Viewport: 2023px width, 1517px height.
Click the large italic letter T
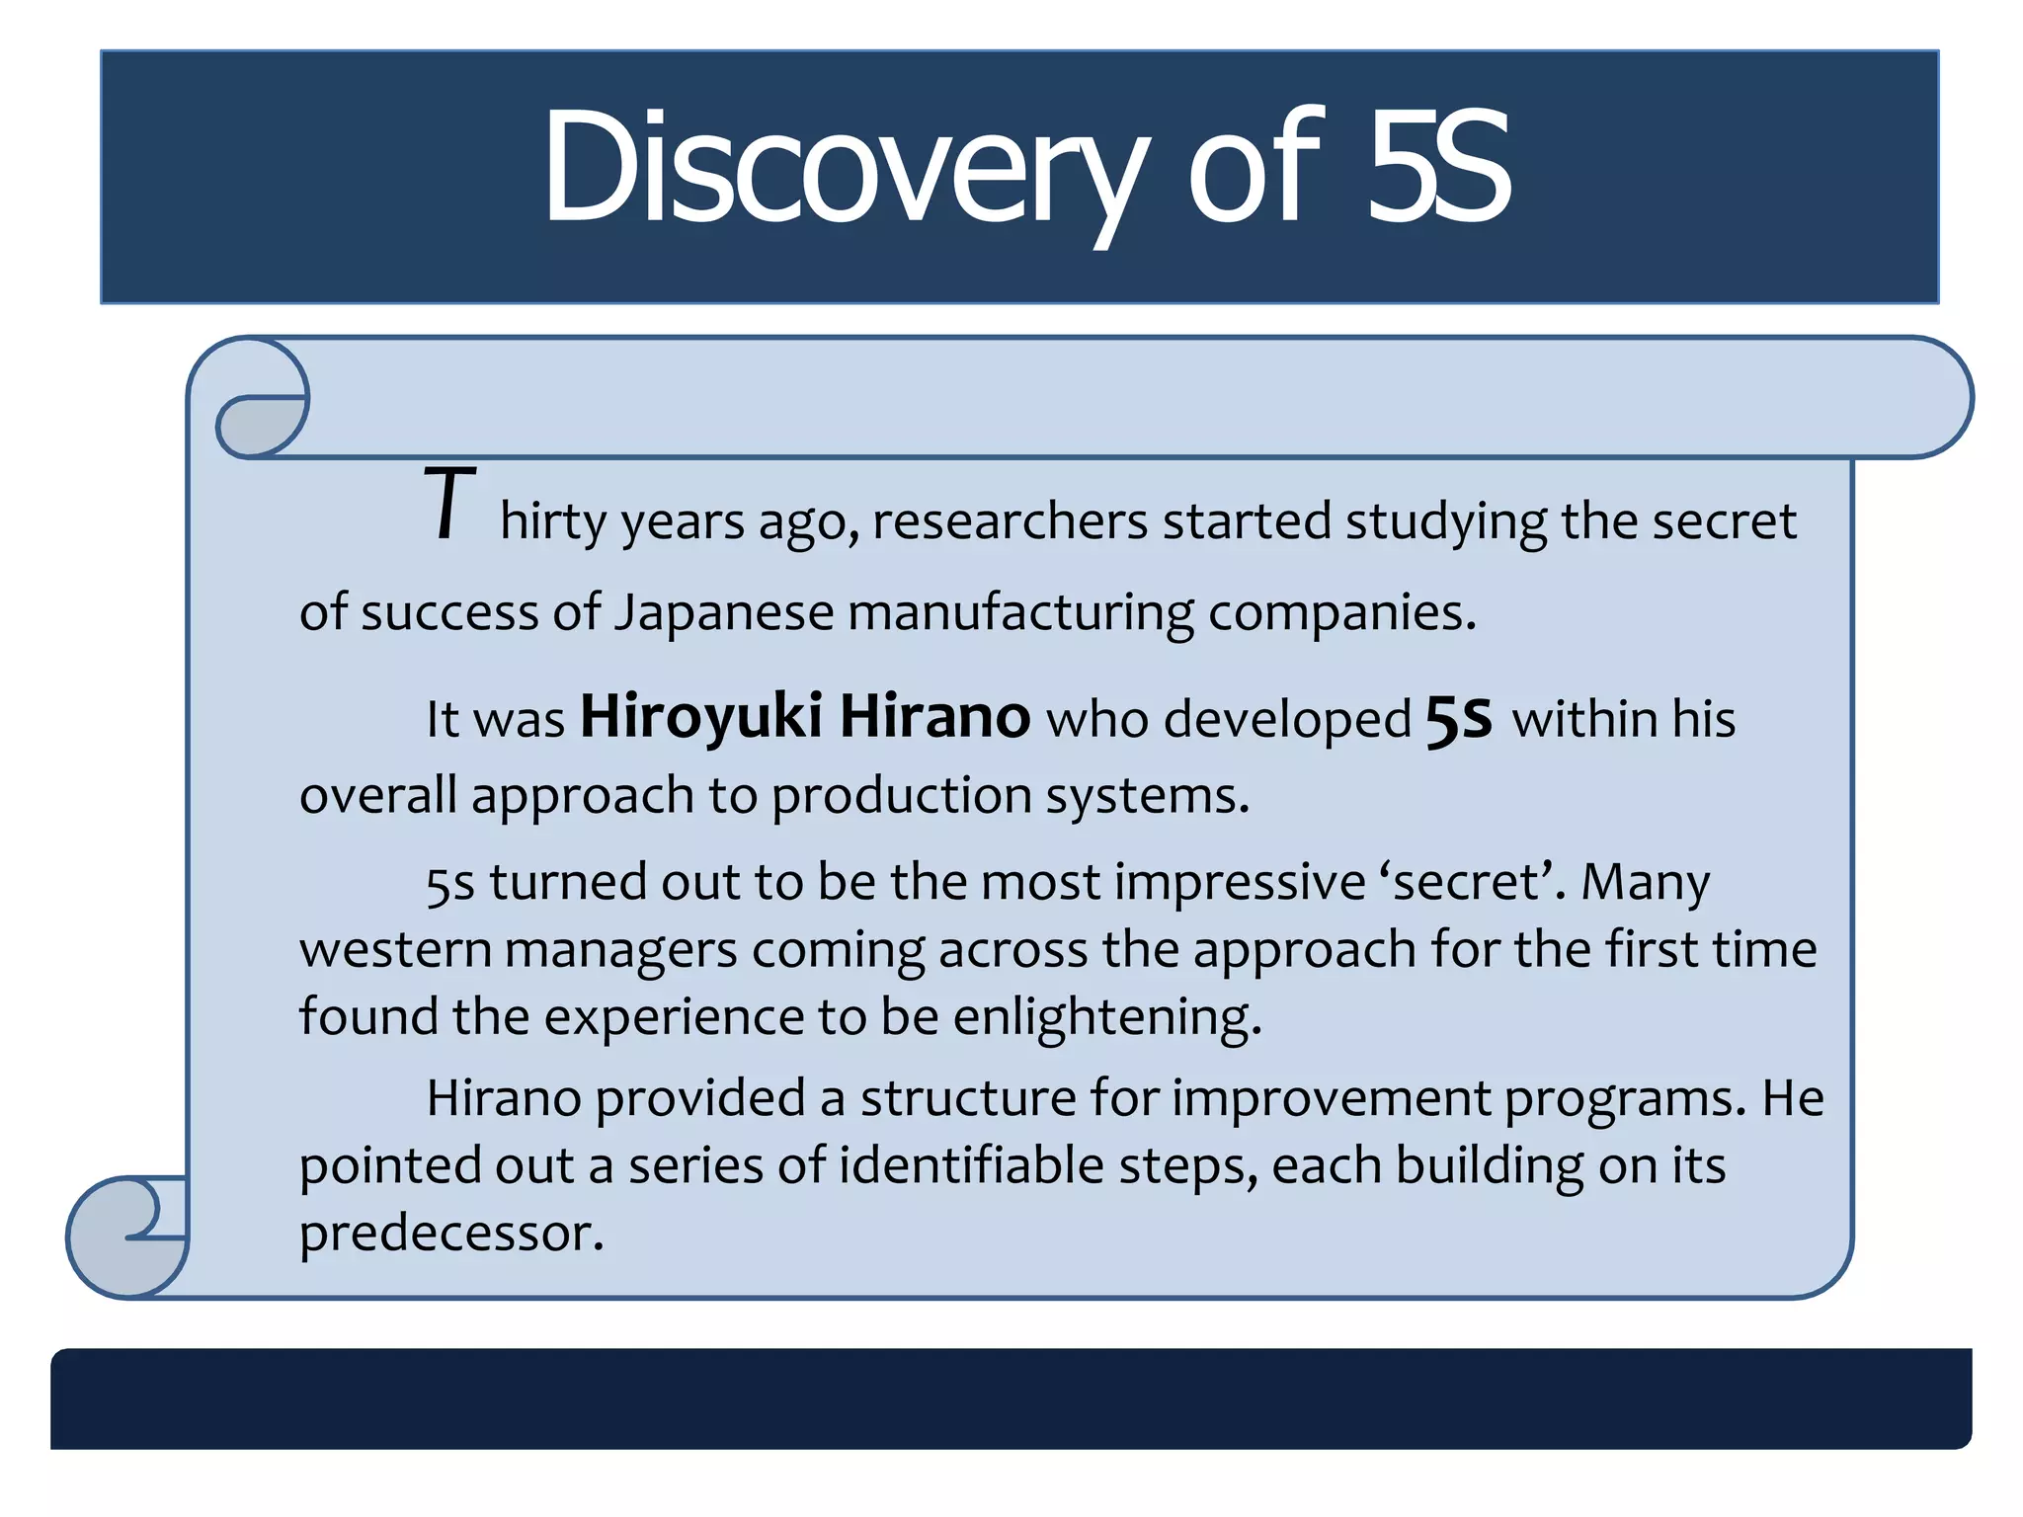pos(449,505)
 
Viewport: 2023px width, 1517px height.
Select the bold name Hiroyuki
pos(700,716)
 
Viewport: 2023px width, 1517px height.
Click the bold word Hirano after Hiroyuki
pos(934,716)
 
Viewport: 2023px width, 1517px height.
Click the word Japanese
pos(724,613)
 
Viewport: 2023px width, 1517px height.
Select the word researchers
pos(1010,521)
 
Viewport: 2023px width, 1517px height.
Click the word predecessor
pos(450,1234)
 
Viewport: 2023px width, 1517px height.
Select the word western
pos(395,950)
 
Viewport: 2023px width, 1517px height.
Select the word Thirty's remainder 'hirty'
pos(552,521)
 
